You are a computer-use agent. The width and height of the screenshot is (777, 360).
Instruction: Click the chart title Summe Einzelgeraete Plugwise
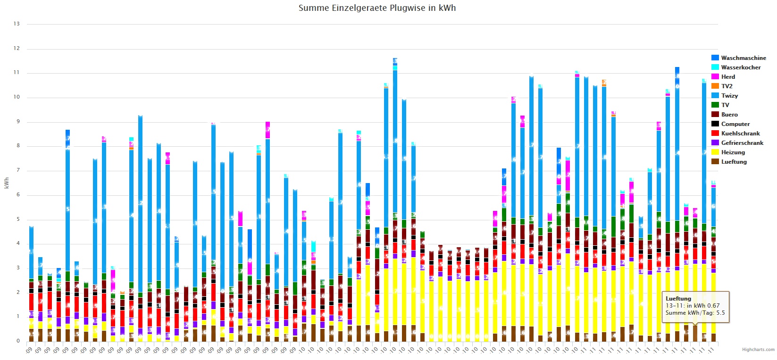[x=377, y=8]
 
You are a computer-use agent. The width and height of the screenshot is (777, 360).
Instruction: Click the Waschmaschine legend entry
[x=743, y=58]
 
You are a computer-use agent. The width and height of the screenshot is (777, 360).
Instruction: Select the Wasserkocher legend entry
[x=741, y=67]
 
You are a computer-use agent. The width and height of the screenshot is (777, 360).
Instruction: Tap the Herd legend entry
[x=728, y=77]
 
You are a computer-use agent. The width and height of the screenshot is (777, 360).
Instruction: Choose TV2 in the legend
[x=727, y=86]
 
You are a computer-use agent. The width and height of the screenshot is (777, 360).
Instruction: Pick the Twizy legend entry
[x=729, y=96]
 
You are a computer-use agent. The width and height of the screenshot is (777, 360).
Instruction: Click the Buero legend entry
[x=729, y=115]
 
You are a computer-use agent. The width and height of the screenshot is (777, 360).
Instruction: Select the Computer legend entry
[x=735, y=124]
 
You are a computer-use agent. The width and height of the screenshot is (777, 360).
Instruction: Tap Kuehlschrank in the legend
[x=740, y=134]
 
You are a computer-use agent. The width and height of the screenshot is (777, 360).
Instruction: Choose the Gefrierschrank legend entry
[x=742, y=143]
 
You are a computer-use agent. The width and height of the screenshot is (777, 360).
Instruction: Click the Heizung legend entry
[x=733, y=152]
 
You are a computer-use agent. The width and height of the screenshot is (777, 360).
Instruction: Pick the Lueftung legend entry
[x=734, y=162]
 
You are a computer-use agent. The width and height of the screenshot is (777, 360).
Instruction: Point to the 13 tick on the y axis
[x=17, y=24]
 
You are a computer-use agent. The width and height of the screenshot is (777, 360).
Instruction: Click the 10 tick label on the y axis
[x=17, y=97]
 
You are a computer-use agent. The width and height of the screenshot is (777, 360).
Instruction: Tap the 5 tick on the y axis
[x=18, y=219]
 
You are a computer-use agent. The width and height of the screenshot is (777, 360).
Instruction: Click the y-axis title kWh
[x=7, y=183]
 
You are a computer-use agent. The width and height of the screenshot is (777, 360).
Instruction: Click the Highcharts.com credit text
[x=758, y=350]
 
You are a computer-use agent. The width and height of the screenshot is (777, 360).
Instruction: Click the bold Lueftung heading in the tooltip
[x=678, y=299]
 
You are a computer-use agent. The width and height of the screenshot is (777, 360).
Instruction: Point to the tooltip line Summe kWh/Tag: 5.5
[x=695, y=313]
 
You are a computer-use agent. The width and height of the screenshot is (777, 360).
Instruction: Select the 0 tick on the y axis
[x=18, y=341]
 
